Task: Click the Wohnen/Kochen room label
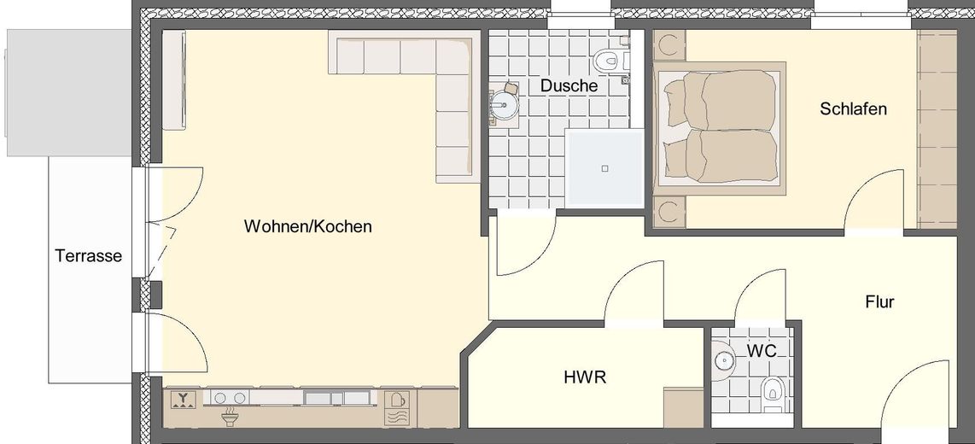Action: coord(307,227)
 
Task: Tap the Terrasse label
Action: coord(89,255)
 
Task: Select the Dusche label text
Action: coord(569,86)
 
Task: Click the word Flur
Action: coord(879,302)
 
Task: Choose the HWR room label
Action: coord(585,377)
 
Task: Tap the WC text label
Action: coord(761,351)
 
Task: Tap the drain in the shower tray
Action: coord(604,168)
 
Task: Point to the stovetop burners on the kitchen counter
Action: coord(230,398)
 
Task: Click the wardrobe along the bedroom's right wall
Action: coord(937,128)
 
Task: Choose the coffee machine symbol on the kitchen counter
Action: coord(397,400)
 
